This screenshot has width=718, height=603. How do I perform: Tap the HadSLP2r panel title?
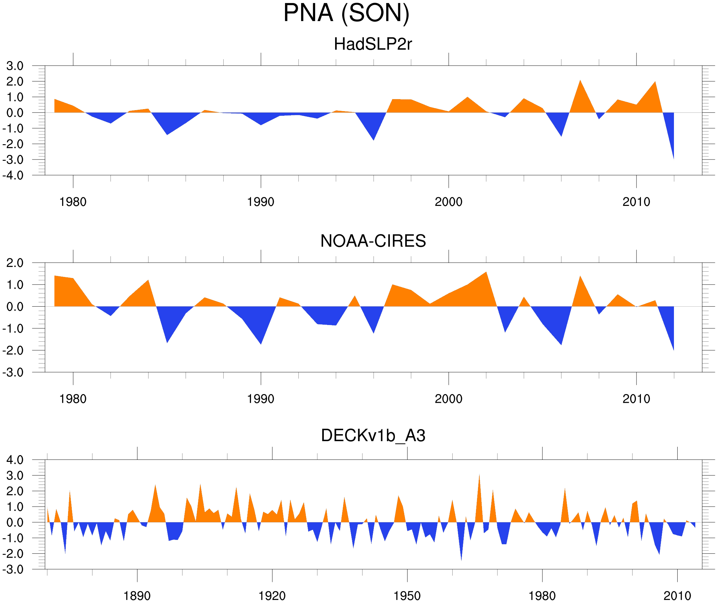tap(373, 44)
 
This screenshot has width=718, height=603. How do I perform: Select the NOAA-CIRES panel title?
tap(373, 241)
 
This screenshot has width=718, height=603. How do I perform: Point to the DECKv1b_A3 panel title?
tap(373, 436)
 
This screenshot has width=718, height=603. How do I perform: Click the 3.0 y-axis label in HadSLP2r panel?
tap(15, 66)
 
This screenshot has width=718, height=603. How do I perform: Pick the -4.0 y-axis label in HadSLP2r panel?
tap(13, 176)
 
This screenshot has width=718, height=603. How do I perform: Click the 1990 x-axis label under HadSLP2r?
tap(261, 202)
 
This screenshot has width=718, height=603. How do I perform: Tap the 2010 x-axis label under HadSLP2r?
tap(636, 202)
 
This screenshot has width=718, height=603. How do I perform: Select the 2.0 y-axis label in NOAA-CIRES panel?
tap(15, 263)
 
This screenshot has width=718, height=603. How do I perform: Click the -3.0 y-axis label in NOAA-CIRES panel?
tap(13, 373)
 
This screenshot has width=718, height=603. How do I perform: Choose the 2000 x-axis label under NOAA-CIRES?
tap(448, 399)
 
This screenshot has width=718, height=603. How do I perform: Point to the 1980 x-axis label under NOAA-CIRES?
tap(73, 399)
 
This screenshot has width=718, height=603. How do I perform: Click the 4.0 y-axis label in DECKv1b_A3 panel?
tap(15, 460)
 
